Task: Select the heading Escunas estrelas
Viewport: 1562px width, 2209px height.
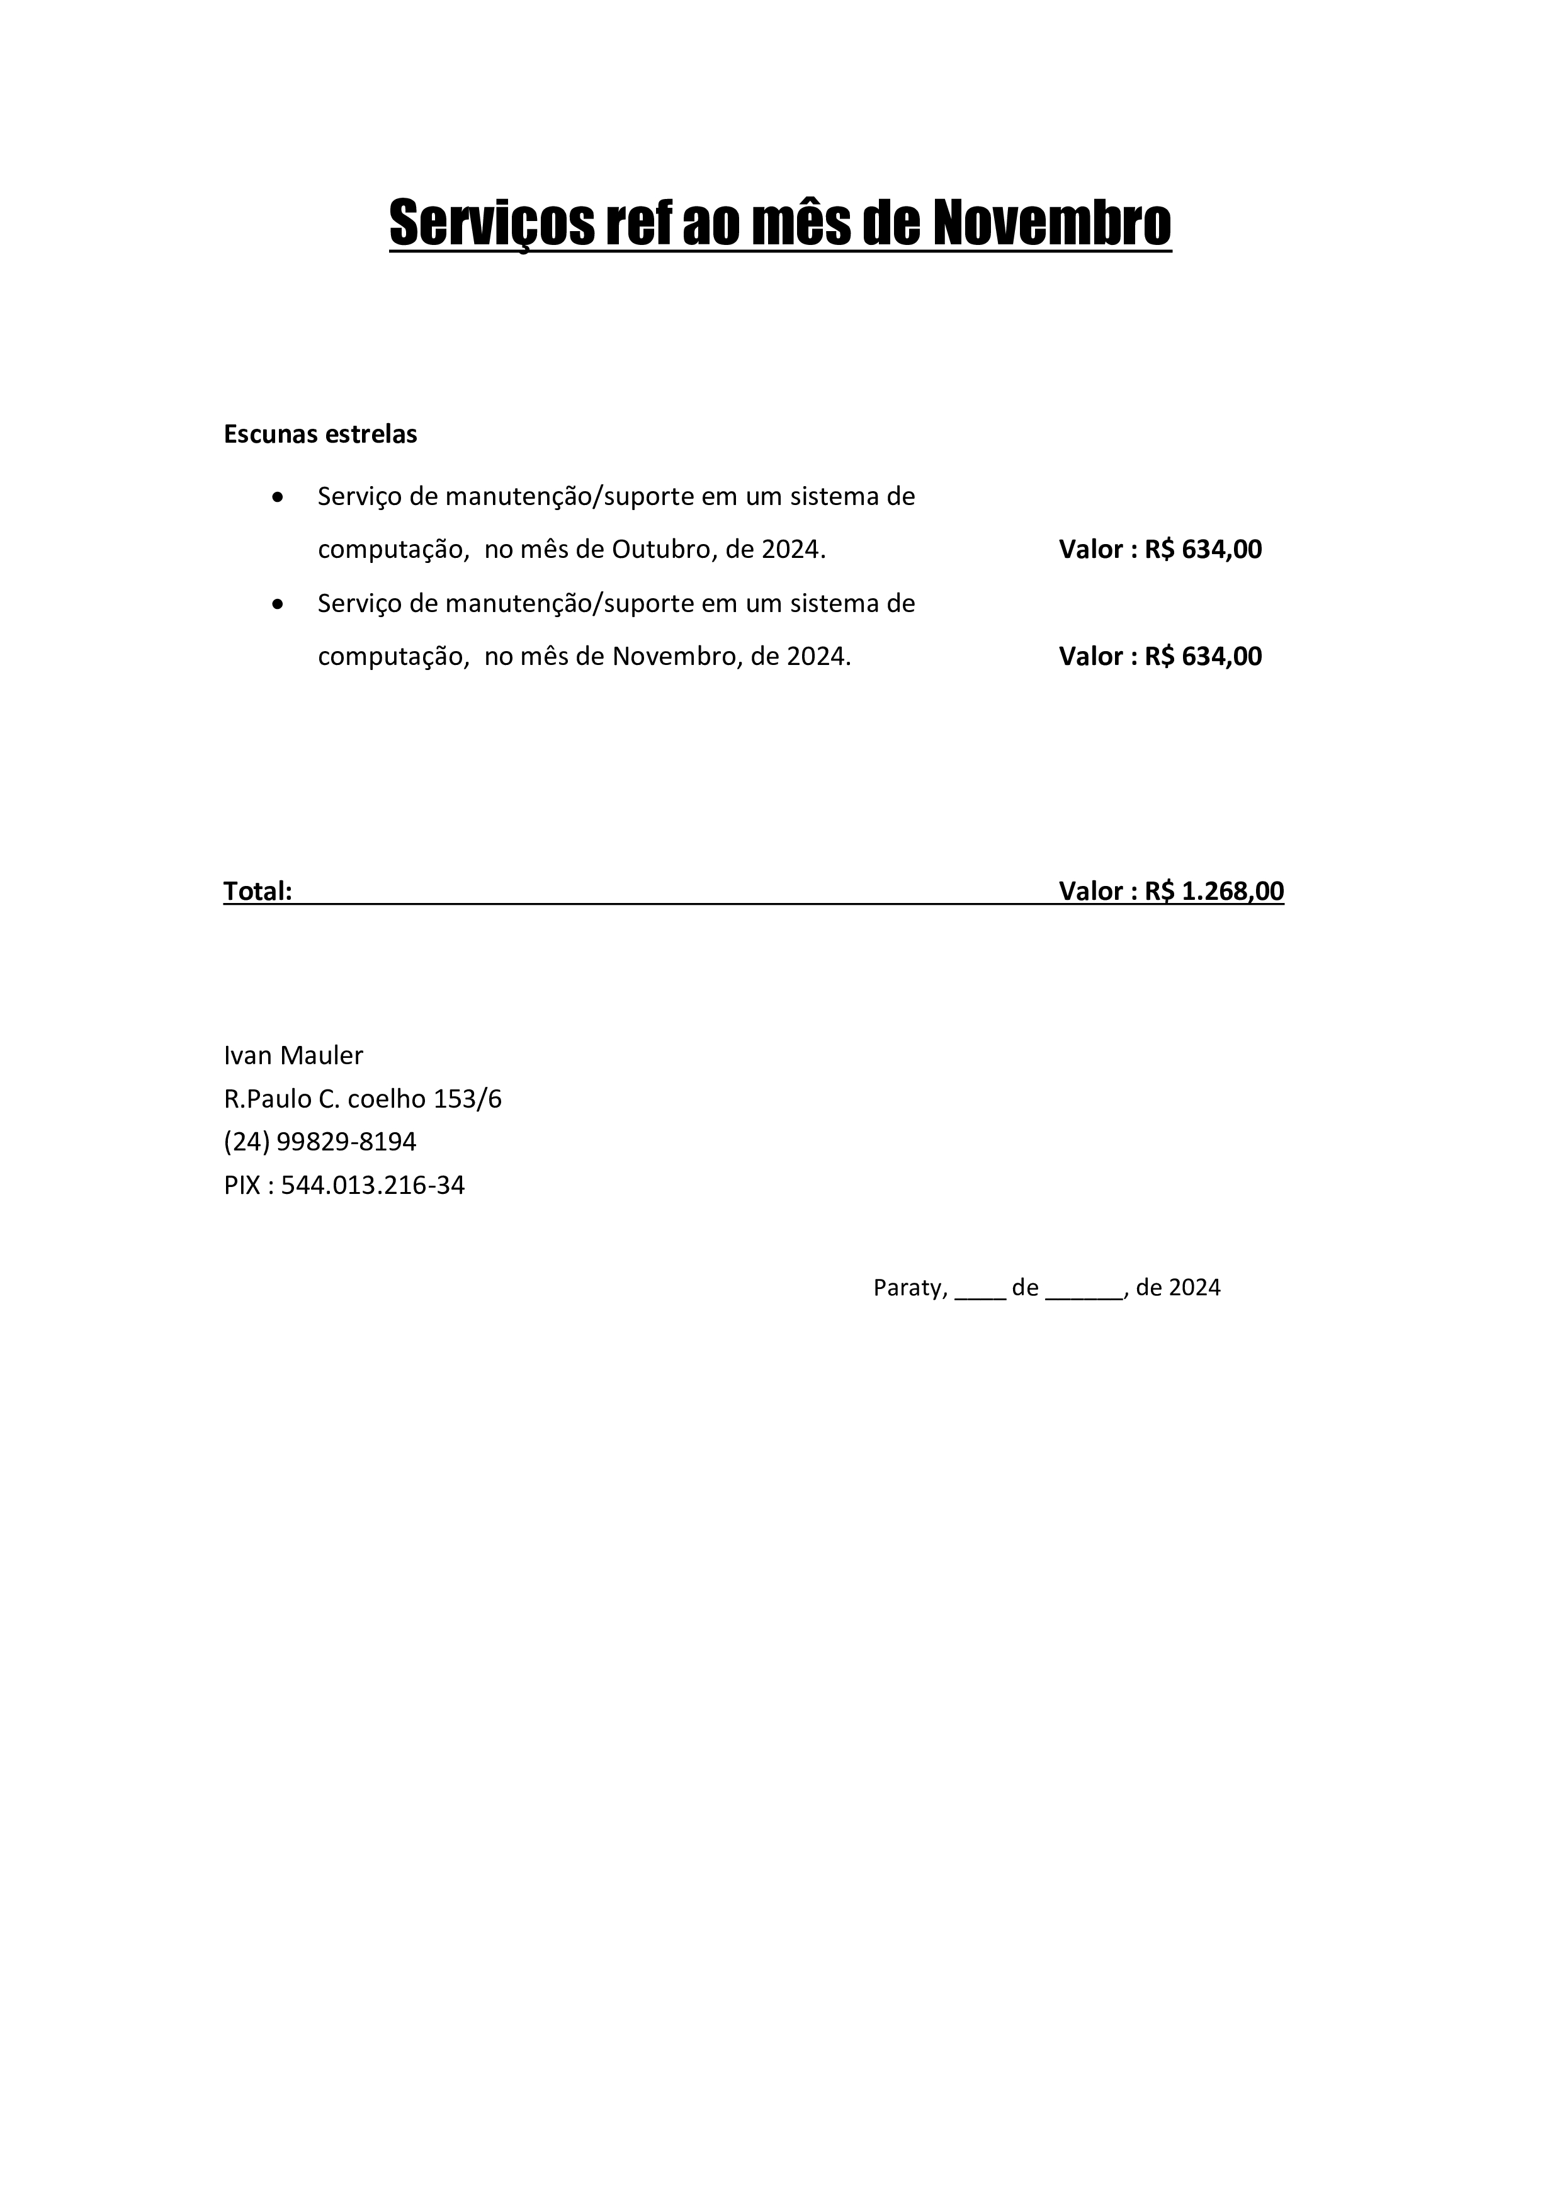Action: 320,434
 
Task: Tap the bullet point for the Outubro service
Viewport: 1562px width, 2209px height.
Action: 278,498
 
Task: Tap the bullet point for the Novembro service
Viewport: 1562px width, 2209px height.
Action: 278,605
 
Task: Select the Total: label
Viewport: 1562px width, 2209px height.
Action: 258,891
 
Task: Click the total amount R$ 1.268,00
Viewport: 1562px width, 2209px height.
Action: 1214,891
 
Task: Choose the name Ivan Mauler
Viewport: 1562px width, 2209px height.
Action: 293,1055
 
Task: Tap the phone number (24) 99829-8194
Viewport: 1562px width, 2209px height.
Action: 320,1142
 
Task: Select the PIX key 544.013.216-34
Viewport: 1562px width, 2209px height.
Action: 373,1185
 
